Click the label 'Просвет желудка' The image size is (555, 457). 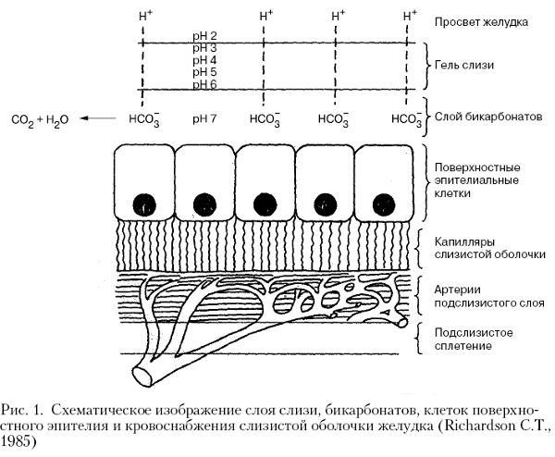tap(481, 22)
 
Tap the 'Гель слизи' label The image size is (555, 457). tap(463, 65)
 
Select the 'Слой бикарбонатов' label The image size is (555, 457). tap(488, 117)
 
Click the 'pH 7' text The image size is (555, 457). tap(204, 118)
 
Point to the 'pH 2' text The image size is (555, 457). tap(204, 36)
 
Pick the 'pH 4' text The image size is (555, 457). tap(204, 60)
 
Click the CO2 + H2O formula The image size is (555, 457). tap(40, 120)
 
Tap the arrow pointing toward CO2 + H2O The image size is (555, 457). tap(98, 118)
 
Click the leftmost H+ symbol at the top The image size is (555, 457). tap(145, 16)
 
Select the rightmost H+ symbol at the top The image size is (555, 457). tap(410, 16)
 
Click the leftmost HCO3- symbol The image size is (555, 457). tap(144, 119)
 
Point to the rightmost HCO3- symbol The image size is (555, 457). tap(407, 119)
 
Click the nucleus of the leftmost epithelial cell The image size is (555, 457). tap(144, 205)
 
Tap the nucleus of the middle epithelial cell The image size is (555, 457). tap(265, 205)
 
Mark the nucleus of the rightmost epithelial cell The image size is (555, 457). tap(384, 205)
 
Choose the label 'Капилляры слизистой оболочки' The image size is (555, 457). tap(490, 248)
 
